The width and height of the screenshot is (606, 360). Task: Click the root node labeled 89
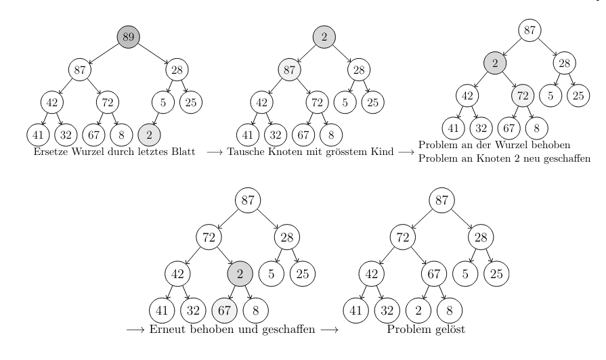128,37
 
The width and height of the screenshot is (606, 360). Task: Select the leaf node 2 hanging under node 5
149,135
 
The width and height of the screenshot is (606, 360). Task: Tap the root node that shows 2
324,37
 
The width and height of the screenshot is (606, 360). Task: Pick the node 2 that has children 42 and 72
495,64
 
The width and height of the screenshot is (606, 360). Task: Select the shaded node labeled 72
523,95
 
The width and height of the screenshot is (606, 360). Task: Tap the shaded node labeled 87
290,69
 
